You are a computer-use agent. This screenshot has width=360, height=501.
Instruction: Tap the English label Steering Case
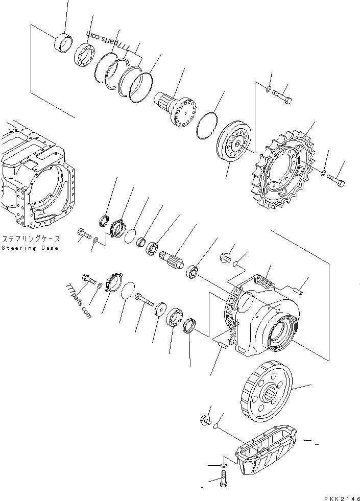click(30, 248)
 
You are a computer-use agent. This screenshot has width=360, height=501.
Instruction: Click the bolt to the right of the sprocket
click(334, 179)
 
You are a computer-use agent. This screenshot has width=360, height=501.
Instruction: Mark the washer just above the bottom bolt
click(223, 466)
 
